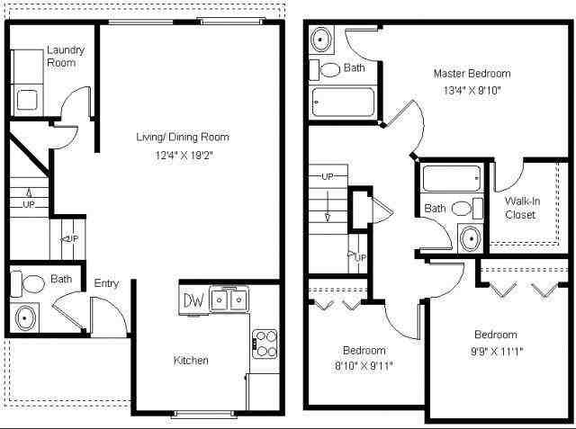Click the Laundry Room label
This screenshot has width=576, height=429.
65,57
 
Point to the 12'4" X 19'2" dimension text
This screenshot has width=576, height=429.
182,155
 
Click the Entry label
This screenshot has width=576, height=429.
106,284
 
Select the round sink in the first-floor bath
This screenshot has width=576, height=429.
24,317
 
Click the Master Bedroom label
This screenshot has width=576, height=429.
472,74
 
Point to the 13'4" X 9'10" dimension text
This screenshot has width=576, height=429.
472,90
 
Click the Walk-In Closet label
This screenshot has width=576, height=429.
521,208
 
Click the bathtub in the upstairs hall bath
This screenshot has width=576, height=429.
454,178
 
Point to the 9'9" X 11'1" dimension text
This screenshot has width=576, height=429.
495,351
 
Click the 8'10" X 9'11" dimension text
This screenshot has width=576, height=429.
364,366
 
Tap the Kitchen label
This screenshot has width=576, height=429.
191,361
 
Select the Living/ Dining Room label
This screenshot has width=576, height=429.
182,138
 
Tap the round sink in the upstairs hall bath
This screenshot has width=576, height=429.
469,238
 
